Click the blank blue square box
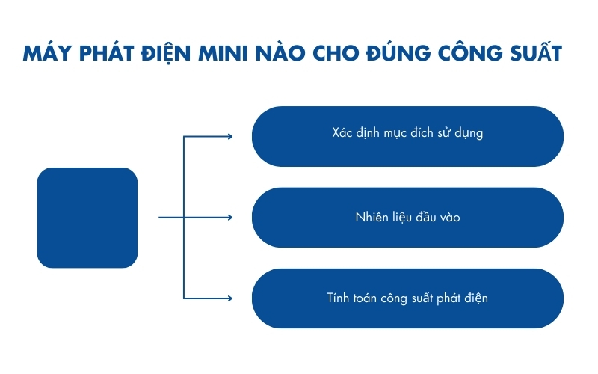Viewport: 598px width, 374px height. (x=87, y=218)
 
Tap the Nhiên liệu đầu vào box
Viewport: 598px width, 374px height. (x=407, y=218)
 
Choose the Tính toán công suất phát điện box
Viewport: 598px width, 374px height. (x=407, y=298)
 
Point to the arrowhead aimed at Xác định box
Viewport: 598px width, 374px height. (x=229, y=136)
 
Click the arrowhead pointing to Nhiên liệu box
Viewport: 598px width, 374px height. (x=229, y=218)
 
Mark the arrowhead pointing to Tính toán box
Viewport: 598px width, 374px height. (x=229, y=298)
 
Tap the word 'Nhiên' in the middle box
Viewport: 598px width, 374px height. (x=372, y=217)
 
